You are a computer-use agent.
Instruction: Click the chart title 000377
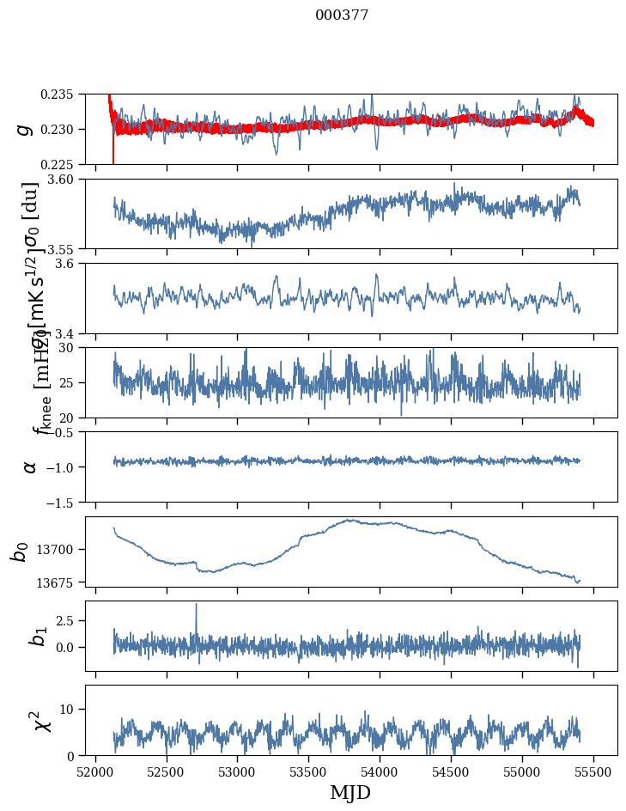tap(342, 15)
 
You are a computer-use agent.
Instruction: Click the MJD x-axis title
tap(350, 793)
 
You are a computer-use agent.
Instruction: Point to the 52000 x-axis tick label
tap(95, 772)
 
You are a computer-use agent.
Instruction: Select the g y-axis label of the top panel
tap(25, 129)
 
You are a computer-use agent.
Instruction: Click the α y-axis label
tap(30, 466)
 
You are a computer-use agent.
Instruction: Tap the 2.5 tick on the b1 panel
tap(67, 619)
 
